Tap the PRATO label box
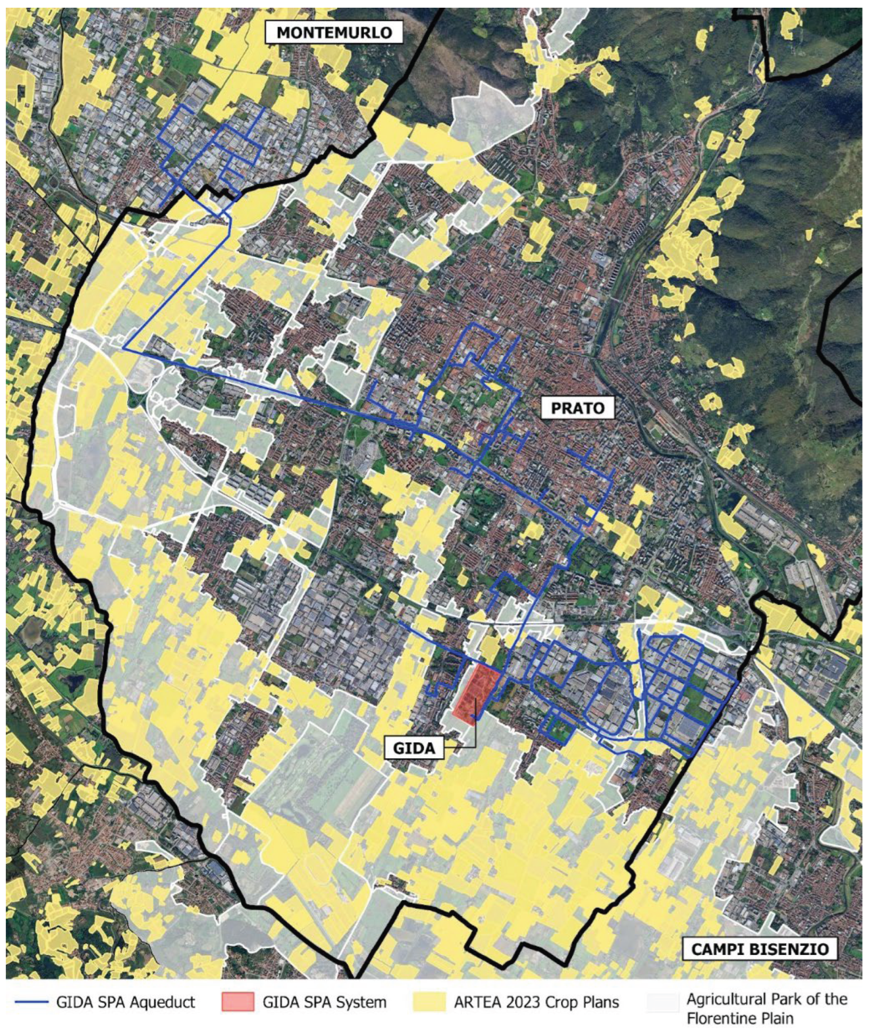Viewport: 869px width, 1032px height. point(578,408)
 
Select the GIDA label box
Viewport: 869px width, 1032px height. point(414,748)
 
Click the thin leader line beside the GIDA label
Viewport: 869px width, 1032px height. point(474,734)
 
